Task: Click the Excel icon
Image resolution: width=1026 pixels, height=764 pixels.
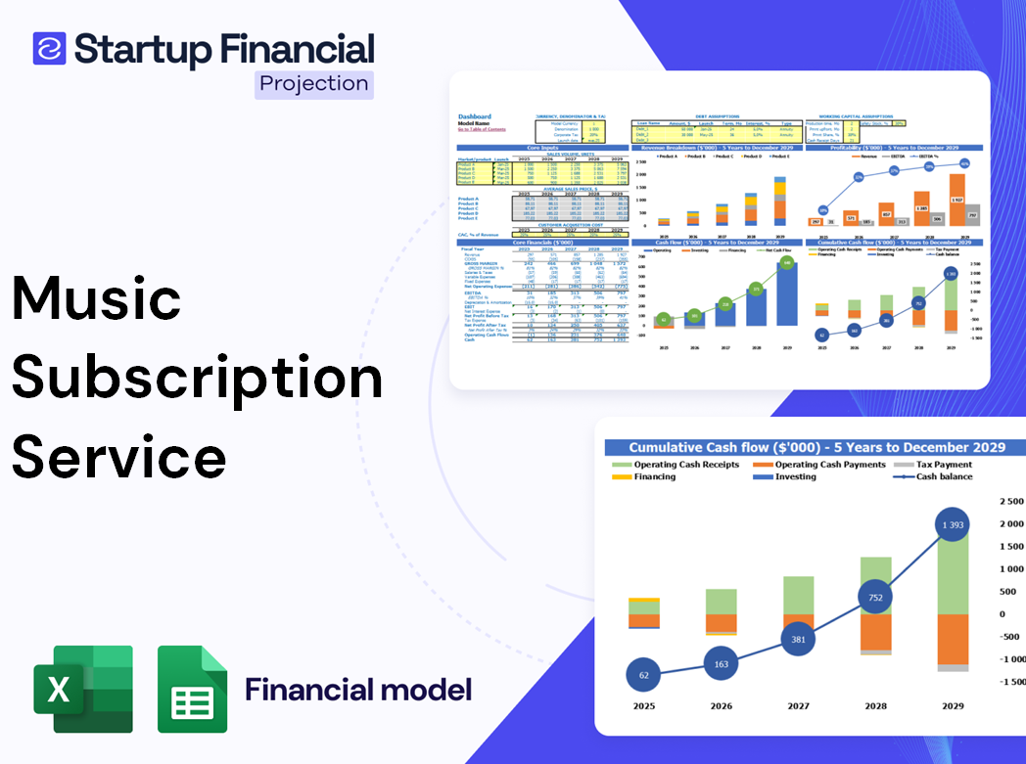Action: click(83, 689)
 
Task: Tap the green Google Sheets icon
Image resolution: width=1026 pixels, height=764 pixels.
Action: click(193, 689)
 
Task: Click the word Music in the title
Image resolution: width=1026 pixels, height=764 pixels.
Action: click(97, 299)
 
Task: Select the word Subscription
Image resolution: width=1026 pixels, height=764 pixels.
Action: click(197, 378)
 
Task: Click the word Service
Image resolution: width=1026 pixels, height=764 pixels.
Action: click(119, 456)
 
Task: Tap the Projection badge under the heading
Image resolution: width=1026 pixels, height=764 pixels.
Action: click(314, 83)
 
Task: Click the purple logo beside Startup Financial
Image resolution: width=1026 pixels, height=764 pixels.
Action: click(49, 48)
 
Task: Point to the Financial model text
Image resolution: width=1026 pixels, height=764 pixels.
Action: click(358, 690)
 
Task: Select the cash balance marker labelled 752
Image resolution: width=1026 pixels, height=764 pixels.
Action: click(874, 598)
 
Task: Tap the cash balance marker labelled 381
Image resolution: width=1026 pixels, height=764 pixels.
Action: click(797, 640)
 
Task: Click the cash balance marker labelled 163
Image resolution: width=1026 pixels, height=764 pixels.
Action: click(720, 663)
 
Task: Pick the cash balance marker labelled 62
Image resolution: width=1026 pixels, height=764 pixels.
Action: click(643, 675)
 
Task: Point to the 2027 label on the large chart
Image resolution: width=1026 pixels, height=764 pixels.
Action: click(798, 705)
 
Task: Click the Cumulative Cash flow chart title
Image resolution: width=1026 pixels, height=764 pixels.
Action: click(816, 447)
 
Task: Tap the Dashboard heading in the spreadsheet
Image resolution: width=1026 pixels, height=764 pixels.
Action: click(476, 116)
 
